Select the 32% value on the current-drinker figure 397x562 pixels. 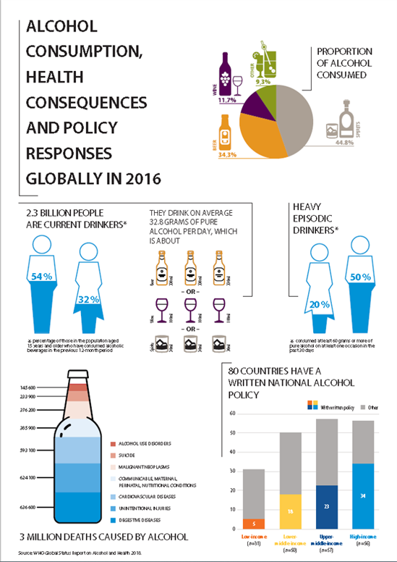89,299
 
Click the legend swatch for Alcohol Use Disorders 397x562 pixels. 113,443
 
